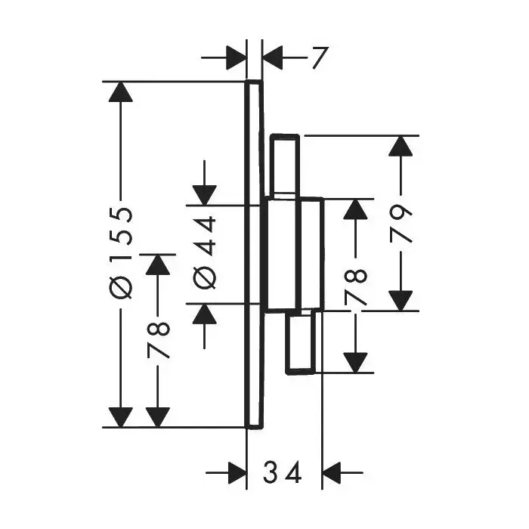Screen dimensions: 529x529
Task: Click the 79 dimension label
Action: (x=402, y=223)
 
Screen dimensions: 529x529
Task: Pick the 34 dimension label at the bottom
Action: (x=283, y=474)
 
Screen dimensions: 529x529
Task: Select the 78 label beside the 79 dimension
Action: (x=355, y=285)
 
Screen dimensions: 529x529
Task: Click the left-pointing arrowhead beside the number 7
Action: (x=273, y=56)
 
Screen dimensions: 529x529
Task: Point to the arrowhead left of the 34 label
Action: (x=236, y=474)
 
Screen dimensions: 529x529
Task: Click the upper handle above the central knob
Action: (x=288, y=166)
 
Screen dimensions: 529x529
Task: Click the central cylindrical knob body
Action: (x=295, y=254)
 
